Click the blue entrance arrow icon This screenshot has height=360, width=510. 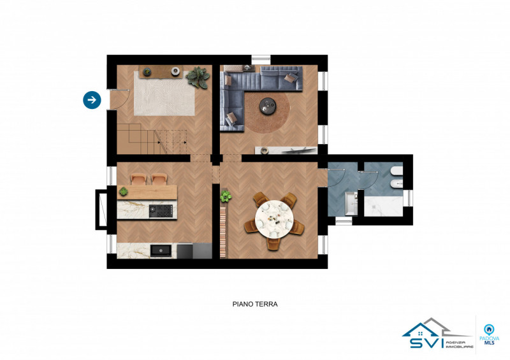point(92,99)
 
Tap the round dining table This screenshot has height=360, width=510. point(275,217)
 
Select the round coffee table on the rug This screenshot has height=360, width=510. point(268,106)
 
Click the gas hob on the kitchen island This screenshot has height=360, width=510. point(161,210)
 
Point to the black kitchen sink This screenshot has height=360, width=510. point(160,250)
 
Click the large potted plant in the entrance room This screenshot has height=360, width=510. point(198,77)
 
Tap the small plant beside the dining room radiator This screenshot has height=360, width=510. point(224,196)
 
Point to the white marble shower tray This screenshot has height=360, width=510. point(382,206)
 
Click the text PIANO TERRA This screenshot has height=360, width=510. point(254,305)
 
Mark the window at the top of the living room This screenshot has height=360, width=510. point(261,60)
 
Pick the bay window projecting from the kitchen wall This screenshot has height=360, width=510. point(101,209)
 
